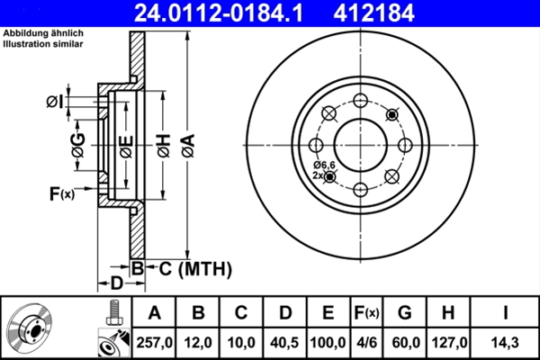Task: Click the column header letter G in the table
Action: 405,313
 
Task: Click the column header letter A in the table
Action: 154,313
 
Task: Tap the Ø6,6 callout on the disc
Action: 323,165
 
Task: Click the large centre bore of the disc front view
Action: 360,145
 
